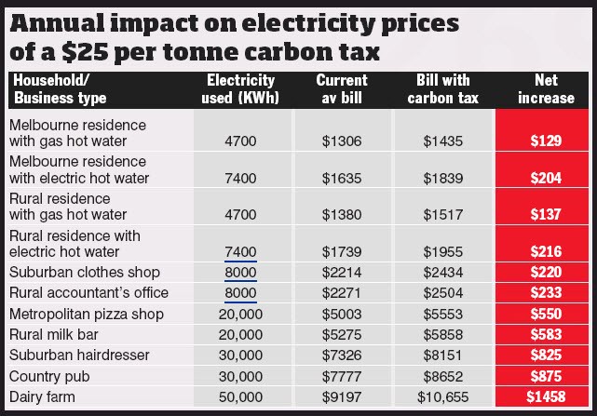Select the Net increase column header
point(546,88)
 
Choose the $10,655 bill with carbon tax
point(441,398)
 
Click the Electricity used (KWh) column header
point(239,88)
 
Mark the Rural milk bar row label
point(54,335)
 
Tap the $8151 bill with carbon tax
point(441,356)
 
